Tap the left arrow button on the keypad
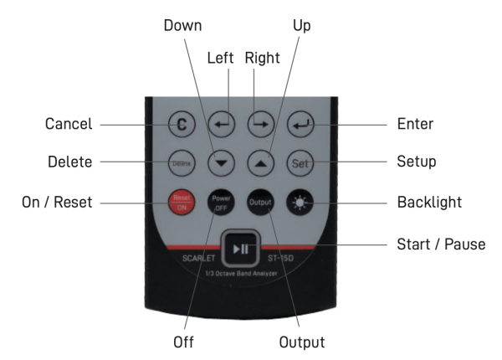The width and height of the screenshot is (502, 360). click(x=221, y=125)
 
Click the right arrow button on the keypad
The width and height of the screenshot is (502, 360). click(x=259, y=125)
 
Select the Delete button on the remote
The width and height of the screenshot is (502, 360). click(x=182, y=162)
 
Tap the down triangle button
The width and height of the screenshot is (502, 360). click(x=221, y=162)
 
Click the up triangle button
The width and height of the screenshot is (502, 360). click(x=260, y=162)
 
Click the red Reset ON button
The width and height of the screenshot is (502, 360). click(x=182, y=202)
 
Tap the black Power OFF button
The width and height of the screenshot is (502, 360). click(x=221, y=202)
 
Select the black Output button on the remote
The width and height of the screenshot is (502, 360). click(x=259, y=202)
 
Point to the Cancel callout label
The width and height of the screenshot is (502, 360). click(x=69, y=125)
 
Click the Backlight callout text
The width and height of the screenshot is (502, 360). click(x=428, y=202)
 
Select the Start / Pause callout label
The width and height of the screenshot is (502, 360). click(x=439, y=244)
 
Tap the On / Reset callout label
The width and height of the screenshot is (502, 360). click(x=57, y=202)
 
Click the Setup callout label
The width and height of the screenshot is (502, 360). click(x=416, y=162)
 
